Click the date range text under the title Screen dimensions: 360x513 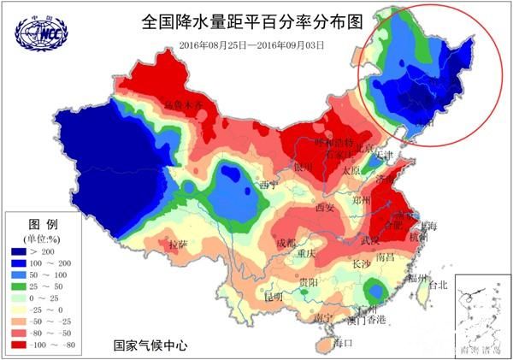click(253, 44)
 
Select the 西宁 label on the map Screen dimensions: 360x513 click(268, 184)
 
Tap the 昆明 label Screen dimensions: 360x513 click(274, 296)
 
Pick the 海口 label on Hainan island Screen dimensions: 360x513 click(342, 343)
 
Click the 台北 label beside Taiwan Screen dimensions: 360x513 click(437, 285)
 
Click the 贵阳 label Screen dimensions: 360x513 click(309, 282)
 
